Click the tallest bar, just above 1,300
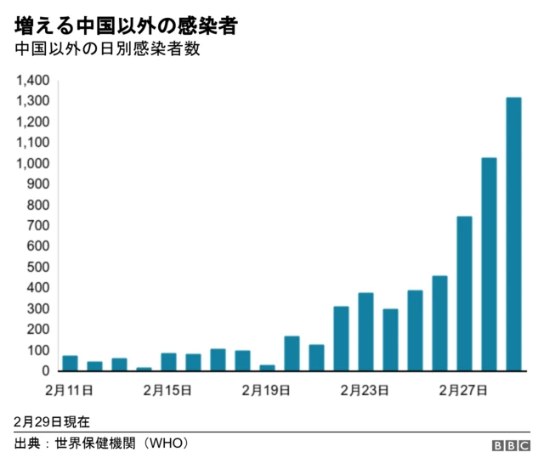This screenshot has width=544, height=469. click(513, 234)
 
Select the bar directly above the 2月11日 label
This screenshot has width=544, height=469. click(70, 364)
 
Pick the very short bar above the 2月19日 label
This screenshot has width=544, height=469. click(267, 368)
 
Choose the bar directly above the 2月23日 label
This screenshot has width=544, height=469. click(365, 332)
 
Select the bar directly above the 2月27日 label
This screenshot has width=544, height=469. click(464, 294)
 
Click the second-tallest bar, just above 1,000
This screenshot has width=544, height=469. click(489, 264)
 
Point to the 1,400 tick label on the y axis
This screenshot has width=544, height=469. click(33, 81)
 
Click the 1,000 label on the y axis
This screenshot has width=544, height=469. click(33, 163)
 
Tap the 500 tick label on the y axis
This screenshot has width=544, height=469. click(40, 268)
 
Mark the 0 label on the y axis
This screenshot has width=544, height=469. click(47, 371)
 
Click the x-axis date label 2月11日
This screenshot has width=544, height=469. click(70, 391)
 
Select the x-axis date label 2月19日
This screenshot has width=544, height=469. click(267, 391)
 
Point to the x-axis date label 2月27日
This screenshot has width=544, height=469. click(463, 391)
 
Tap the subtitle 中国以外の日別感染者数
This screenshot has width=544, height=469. click(106, 49)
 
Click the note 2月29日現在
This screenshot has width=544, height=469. click(52, 421)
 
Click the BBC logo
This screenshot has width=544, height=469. click(510, 446)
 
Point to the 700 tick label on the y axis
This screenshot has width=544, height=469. click(40, 226)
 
